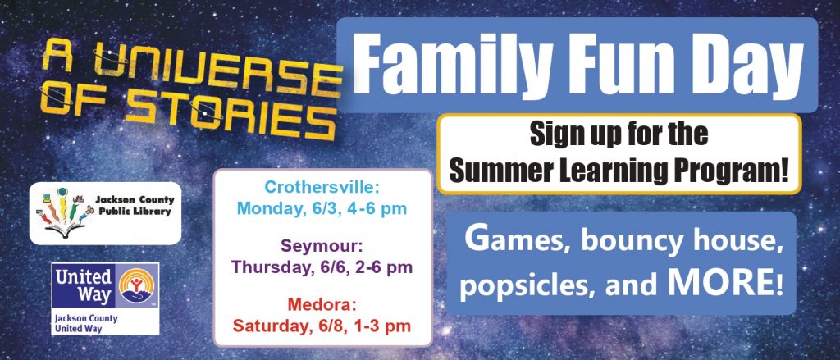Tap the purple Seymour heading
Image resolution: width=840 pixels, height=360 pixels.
pyautogui.click(x=322, y=247)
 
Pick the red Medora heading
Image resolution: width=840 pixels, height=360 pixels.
pyautogui.click(x=322, y=305)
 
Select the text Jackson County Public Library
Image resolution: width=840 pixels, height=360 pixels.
pyautogui.click(x=135, y=206)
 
